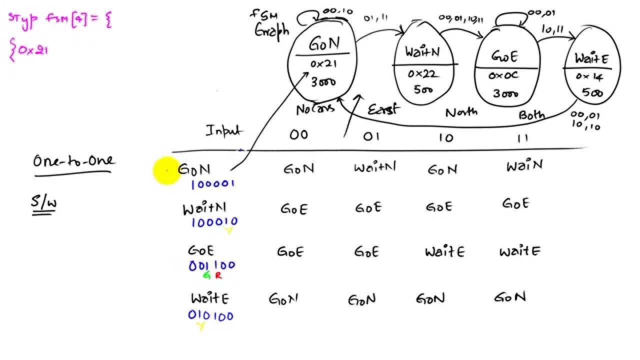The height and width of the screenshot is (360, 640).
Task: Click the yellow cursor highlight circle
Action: click(166, 171)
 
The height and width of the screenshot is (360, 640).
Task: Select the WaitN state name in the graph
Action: click(423, 51)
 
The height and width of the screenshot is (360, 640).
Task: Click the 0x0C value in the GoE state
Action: click(503, 76)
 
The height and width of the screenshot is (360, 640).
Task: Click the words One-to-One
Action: click(73, 161)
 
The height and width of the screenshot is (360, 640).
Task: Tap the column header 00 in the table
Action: click(298, 135)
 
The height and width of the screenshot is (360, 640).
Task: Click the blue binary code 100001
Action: click(212, 184)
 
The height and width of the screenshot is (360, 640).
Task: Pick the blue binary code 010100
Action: click(210, 315)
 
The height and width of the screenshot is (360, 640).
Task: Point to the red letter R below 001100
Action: click(218, 275)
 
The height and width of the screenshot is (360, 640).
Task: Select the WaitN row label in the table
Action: click(204, 208)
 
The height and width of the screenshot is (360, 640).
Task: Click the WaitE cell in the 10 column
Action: click(444, 251)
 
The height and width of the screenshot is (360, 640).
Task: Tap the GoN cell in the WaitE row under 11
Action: click(510, 297)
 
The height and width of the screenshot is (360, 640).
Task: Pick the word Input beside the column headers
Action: click(224, 131)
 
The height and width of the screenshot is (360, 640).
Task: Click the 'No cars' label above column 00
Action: click(315, 109)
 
